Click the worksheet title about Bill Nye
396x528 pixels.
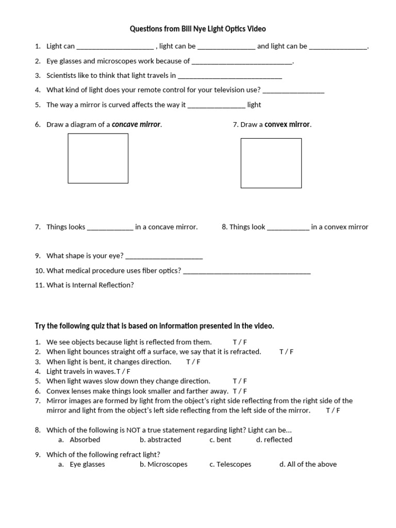(x=197, y=29)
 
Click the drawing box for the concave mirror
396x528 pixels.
(x=98, y=158)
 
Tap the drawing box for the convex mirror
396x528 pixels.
(x=271, y=163)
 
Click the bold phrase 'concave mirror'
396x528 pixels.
(x=137, y=124)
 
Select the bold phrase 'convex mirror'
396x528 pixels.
(x=287, y=124)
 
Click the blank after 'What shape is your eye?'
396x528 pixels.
(x=164, y=256)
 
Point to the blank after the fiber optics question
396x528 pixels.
(x=247, y=271)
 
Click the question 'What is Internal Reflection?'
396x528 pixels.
(x=90, y=285)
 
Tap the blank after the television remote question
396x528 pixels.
(x=293, y=90)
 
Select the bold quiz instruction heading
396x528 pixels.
(x=154, y=326)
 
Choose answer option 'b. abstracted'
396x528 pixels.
(x=160, y=440)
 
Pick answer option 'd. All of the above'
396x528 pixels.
(x=308, y=464)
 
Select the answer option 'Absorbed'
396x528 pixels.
(x=85, y=440)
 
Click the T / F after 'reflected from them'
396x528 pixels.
(x=240, y=342)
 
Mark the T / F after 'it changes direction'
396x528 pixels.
(x=193, y=361)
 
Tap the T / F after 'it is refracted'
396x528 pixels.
(x=286, y=352)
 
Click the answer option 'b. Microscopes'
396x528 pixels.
(x=163, y=464)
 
